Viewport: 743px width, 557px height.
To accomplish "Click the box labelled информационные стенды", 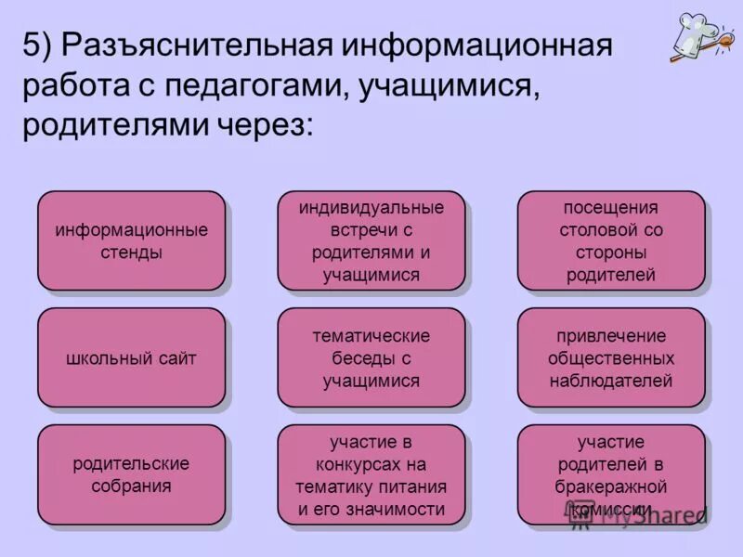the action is tap(131, 240).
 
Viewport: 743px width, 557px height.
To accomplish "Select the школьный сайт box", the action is tap(131, 357).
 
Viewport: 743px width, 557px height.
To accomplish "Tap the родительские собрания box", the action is tap(131, 474).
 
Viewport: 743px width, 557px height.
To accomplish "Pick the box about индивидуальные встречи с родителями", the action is tap(371, 240).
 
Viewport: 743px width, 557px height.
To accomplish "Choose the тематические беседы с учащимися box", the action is tap(371, 357).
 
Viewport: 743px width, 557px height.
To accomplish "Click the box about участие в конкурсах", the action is tap(371, 474).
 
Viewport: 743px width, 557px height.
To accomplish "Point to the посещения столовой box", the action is tap(610, 240).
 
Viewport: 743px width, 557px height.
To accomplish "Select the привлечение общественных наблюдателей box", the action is tap(610, 357).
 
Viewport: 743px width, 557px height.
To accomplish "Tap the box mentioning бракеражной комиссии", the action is tap(610, 474).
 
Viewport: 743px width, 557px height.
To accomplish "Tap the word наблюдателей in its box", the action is tap(610, 381).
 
